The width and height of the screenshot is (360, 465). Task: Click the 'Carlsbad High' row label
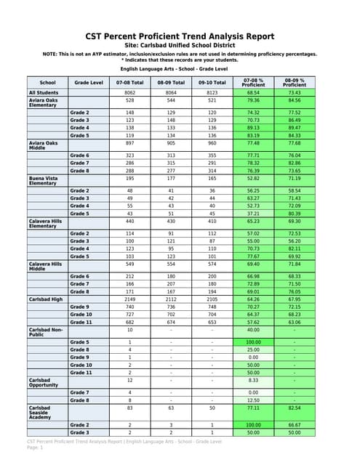pos(44,299)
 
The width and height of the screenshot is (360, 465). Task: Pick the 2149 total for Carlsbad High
pos(129,299)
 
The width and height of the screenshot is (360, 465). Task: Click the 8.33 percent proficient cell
pos(253,379)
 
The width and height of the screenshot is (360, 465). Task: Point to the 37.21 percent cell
pos(253,214)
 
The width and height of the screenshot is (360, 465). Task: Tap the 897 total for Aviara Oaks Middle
pos(129,142)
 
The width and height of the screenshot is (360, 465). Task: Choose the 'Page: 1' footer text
pos(36,448)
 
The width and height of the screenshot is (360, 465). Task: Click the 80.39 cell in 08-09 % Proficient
pos(294,214)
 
